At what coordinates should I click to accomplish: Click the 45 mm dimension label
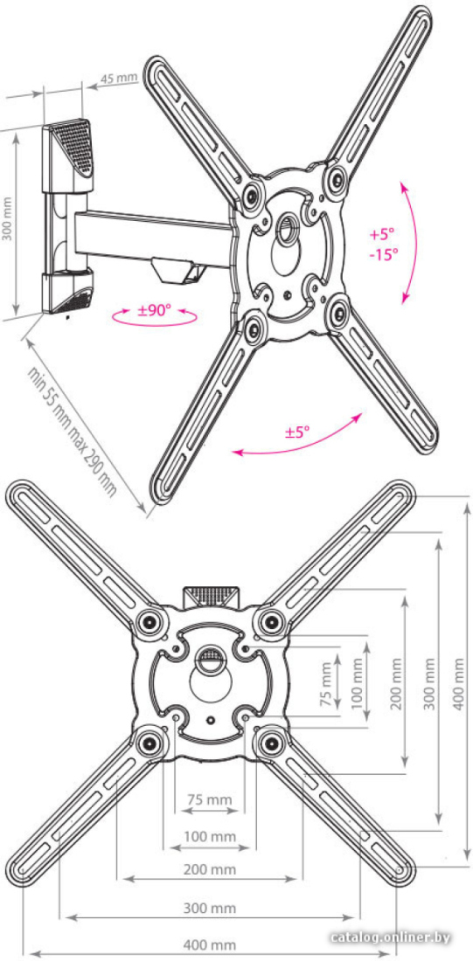118,79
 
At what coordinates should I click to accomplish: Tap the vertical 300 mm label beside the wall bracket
7,218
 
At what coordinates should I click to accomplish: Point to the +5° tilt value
381,233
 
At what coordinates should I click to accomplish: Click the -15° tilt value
384,254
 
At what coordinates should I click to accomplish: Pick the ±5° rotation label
297,432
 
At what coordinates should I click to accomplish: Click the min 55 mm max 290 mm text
72,432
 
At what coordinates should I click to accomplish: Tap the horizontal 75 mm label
210,799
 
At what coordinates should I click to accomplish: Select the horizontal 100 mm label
211,836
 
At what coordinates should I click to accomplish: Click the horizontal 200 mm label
211,869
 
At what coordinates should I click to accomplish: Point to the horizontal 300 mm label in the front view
211,908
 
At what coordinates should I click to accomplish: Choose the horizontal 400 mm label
211,944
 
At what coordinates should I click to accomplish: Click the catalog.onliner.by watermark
390,937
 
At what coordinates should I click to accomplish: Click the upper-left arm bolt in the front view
150,623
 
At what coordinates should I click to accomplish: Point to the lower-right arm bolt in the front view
270,743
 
